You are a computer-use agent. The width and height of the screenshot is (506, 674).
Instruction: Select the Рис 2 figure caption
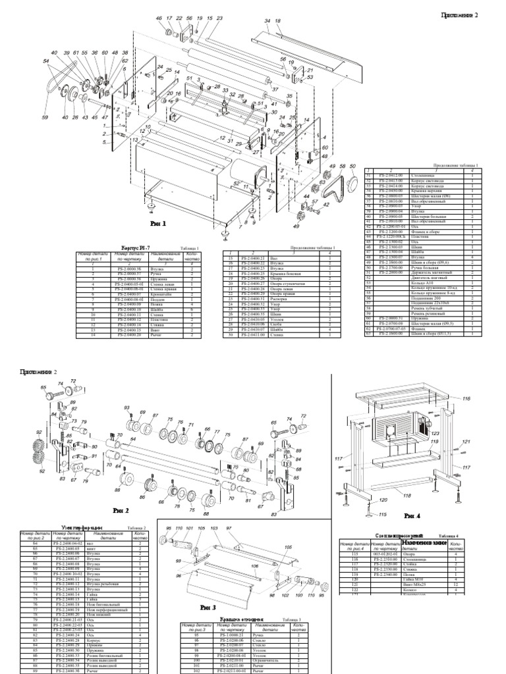(121, 509)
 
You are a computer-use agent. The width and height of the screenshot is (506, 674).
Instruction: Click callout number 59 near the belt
(45, 118)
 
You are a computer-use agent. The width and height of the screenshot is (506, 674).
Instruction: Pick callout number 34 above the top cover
(267, 22)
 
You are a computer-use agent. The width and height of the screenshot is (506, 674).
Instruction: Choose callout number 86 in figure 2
(119, 490)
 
